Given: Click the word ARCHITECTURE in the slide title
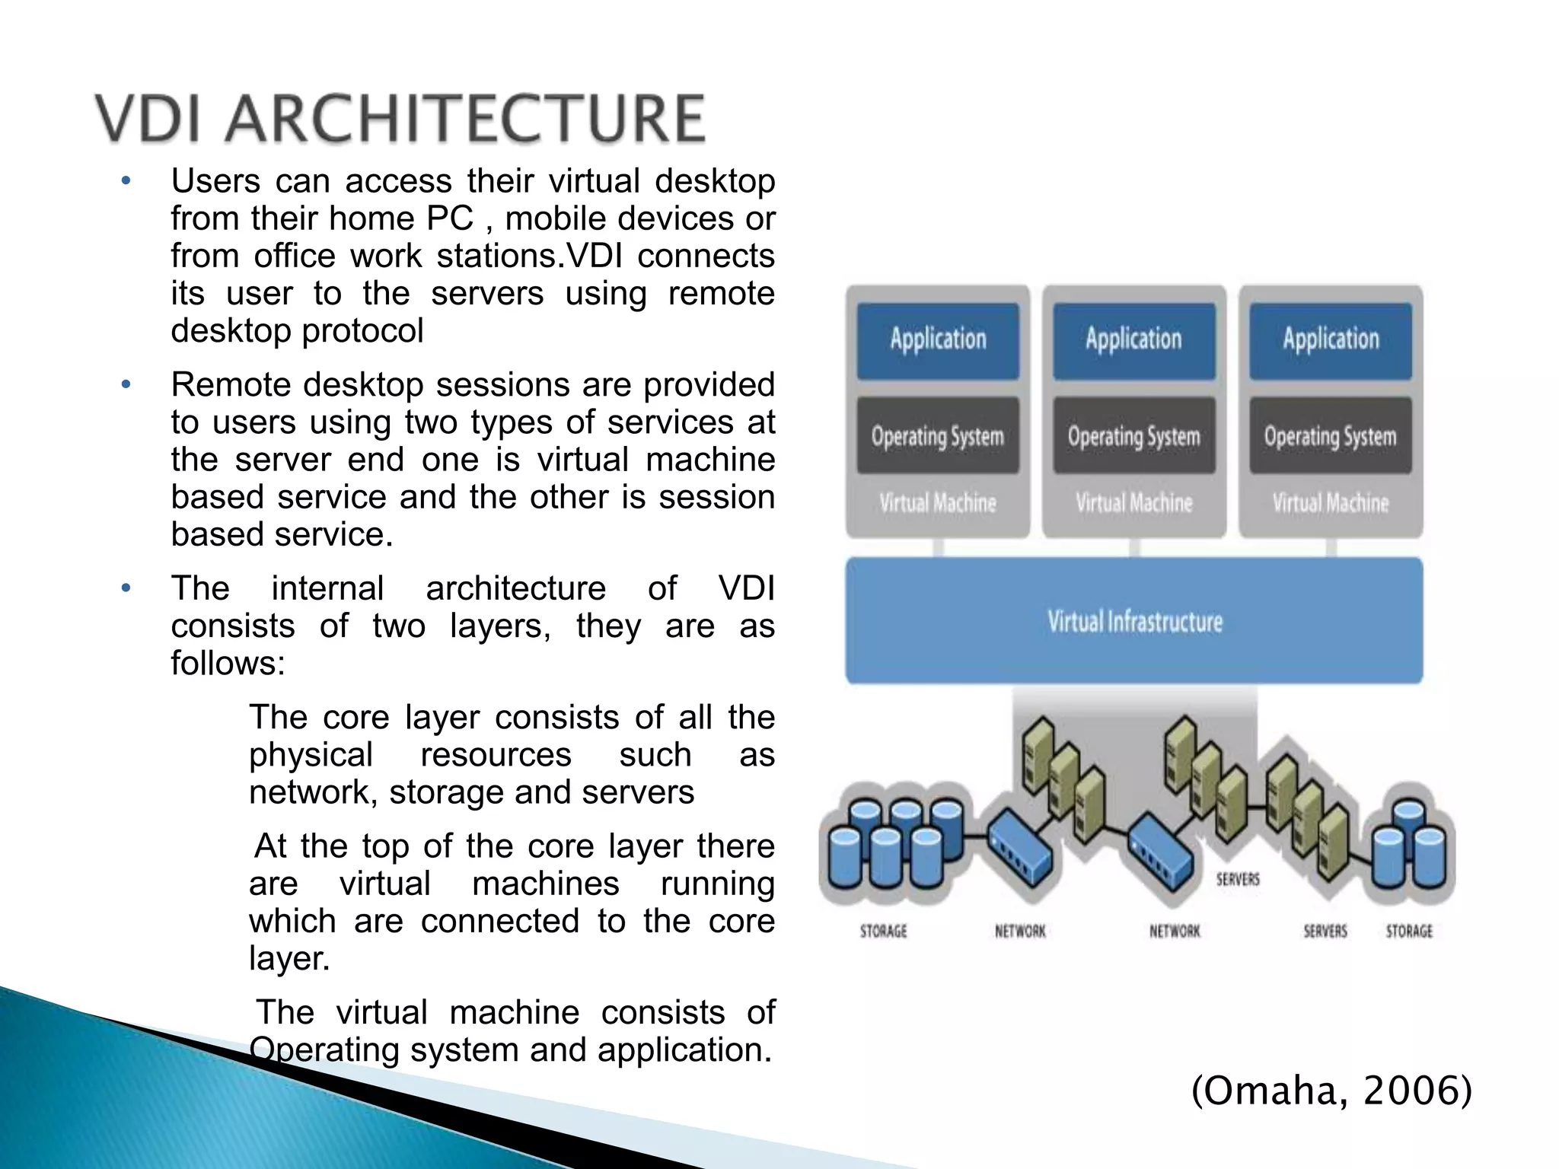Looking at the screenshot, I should tap(465, 119).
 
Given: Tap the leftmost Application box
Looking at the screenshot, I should tap(938, 340).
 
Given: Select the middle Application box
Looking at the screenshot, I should tap(1133, 340).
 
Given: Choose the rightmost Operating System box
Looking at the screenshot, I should tap(1330, 436).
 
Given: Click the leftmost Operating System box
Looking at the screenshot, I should tap(938, 436).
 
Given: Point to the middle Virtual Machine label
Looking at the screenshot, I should tap(1133, 503).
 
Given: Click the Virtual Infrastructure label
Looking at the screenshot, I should tap(1134, 622).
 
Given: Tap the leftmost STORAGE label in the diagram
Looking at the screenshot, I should tap(883, 932).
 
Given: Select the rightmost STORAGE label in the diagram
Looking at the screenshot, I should tap(1409, 932).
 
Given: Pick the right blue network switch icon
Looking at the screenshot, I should tap(1159, 854).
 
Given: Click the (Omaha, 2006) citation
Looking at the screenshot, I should tap(1331, 1091).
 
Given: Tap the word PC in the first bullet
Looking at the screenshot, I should tap(450, 219).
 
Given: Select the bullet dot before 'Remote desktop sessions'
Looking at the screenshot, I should tap(126, 385).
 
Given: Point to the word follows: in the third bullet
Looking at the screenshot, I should tap(228, 664).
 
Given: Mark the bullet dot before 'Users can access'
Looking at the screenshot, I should tap(126, 182).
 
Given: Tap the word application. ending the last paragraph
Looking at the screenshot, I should tap(684, 1050).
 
